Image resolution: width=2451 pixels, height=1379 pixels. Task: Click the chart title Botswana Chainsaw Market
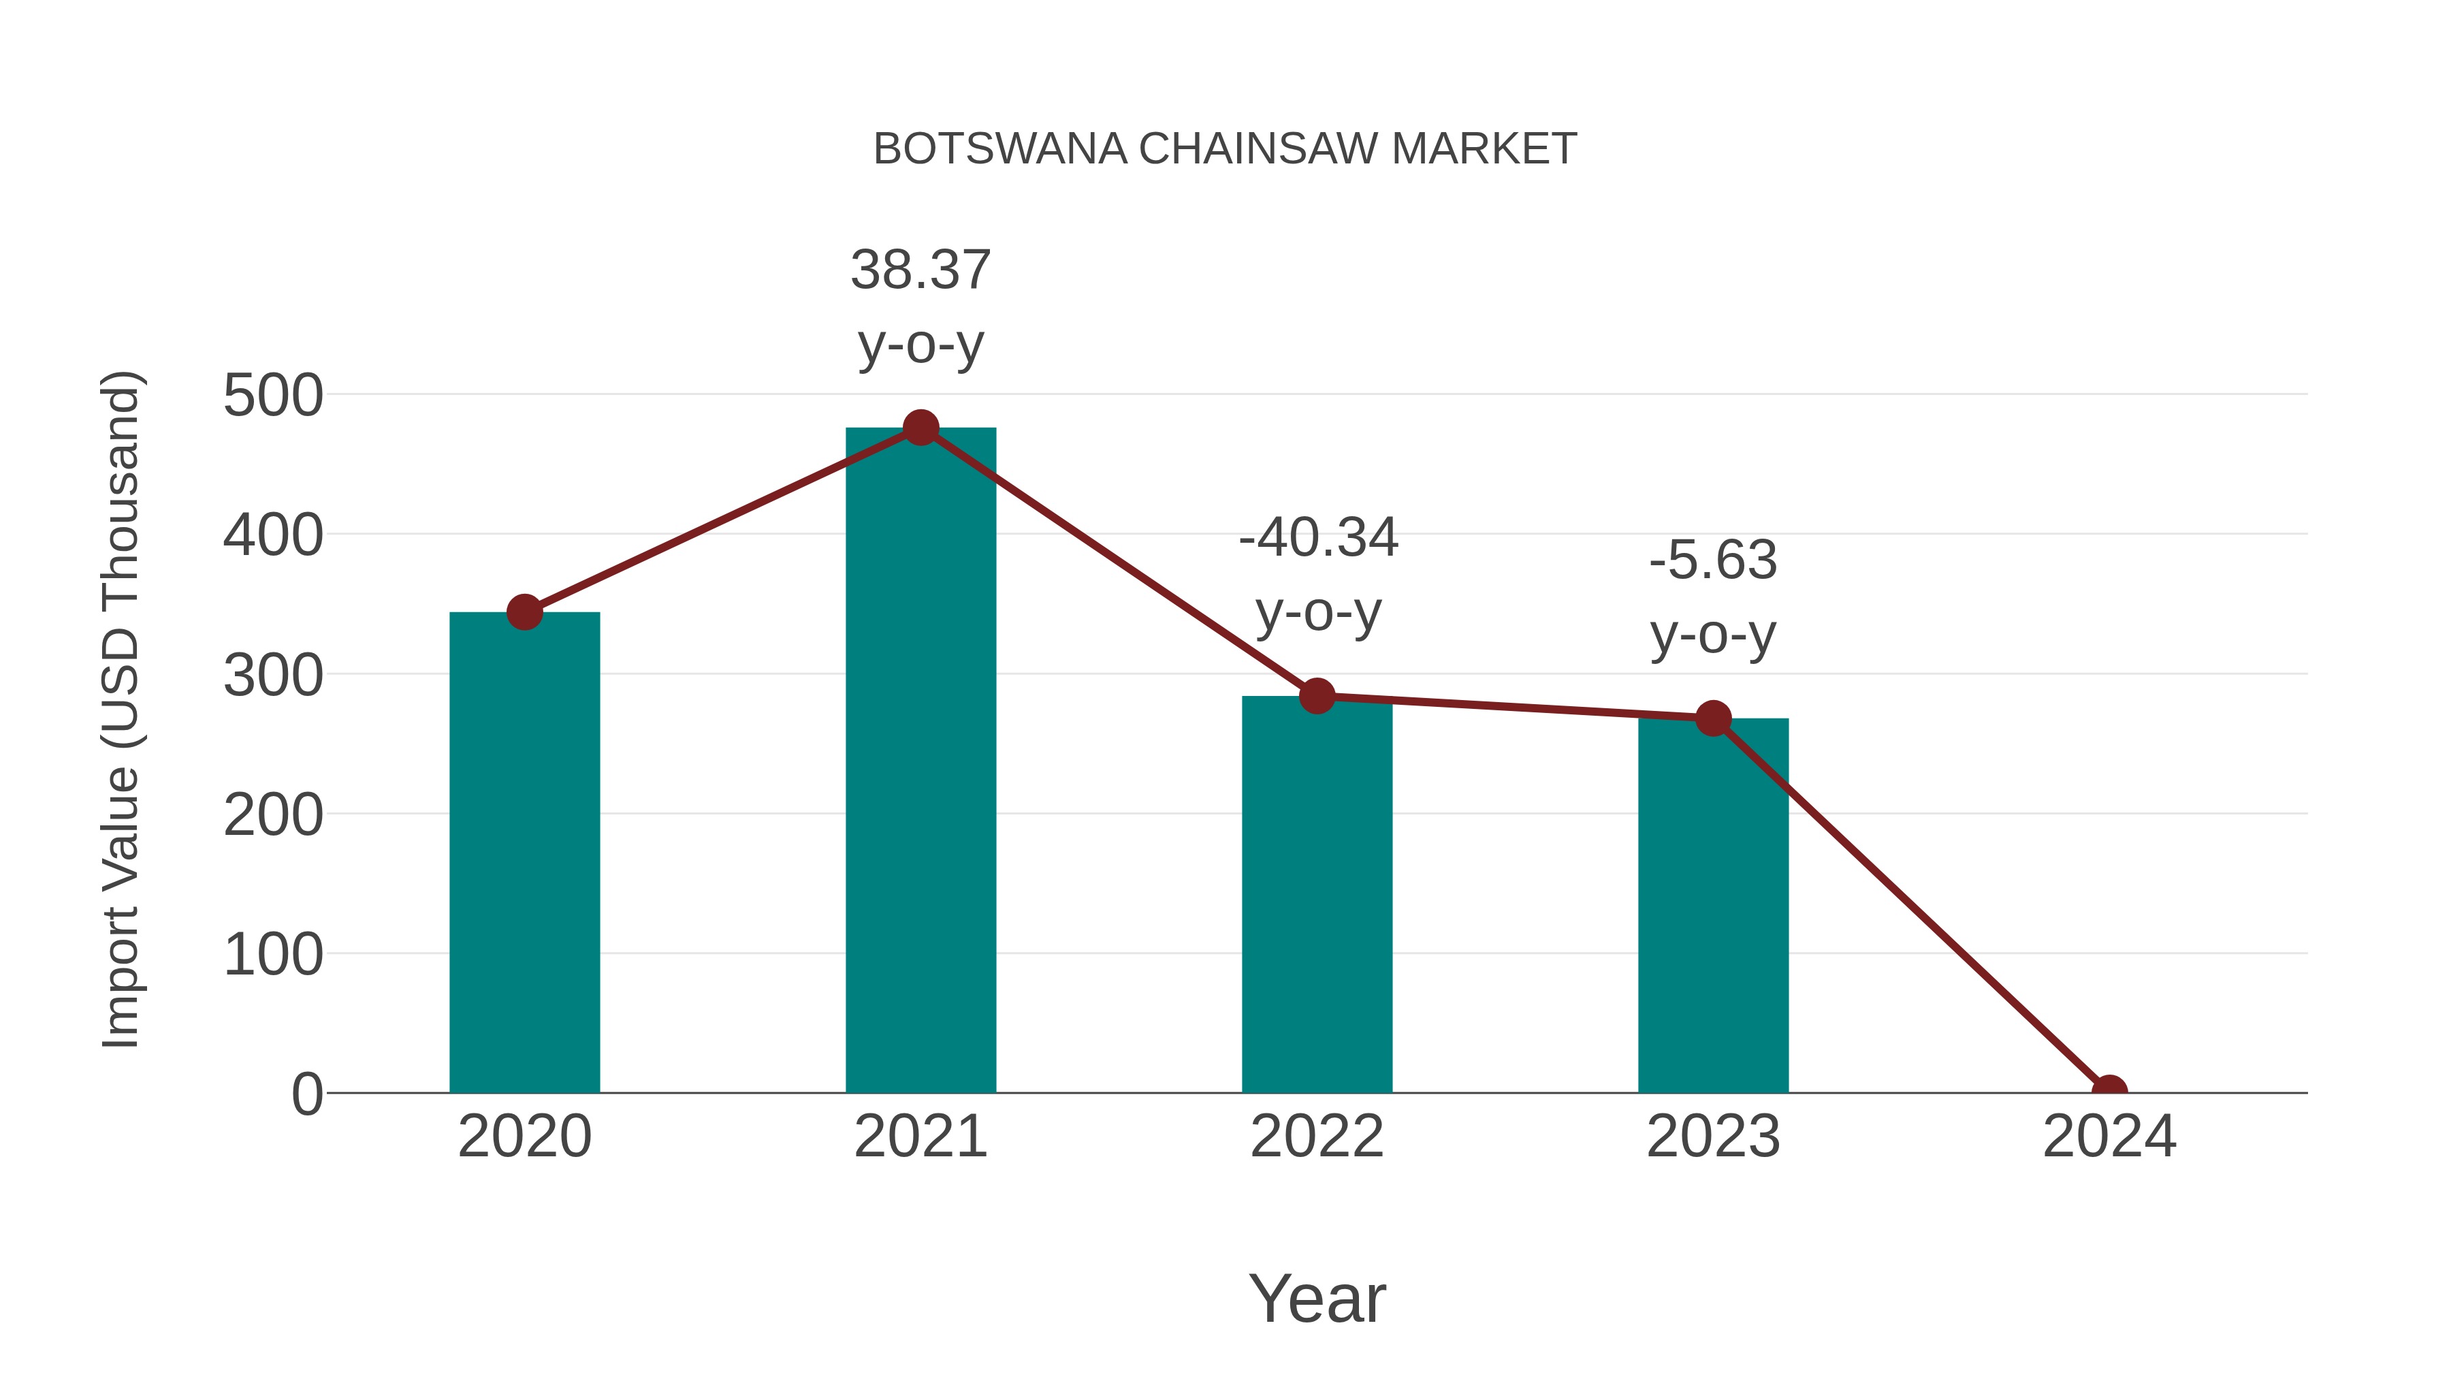pyautogui.click(x=1225, y=149)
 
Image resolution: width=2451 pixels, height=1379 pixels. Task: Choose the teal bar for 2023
pyautogui.click(x=1713, y=905)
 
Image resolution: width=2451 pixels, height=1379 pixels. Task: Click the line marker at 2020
pyautogui.click(x=524, y=612)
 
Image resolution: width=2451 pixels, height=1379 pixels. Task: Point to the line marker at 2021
pyautogui.click(x=920, y=428)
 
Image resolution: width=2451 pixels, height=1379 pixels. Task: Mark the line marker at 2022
pyautogui.click(x=1317, y=696)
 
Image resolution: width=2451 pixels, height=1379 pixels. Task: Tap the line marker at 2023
pyautogui.click(x=1713, y=718)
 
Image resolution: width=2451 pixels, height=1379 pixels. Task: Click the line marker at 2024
pyautogui.click(x=2109, y=1091)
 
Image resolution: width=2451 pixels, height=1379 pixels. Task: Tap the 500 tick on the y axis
pyautogui.click(x=273, y=396)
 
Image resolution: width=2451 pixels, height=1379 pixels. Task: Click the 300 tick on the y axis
pyautogui.click(x=273, y=676)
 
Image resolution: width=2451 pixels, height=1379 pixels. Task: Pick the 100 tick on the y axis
pyautogui.click(x=273, y=955)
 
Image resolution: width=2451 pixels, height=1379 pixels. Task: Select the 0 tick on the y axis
pyautogui.click(x=306, y=1094)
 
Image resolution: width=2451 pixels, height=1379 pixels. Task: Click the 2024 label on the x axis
pyautogui.click(x=2109, y=1137)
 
